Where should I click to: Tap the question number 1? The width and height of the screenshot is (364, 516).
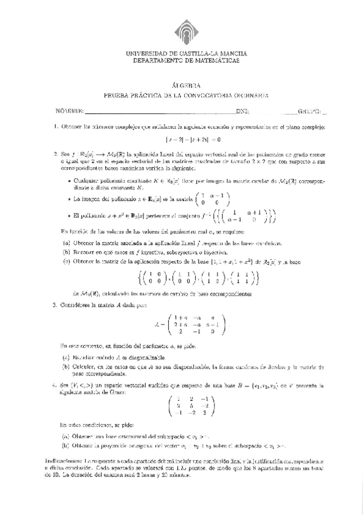55,127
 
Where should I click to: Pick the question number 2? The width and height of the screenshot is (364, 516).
55,154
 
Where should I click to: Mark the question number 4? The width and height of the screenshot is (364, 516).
55,385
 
